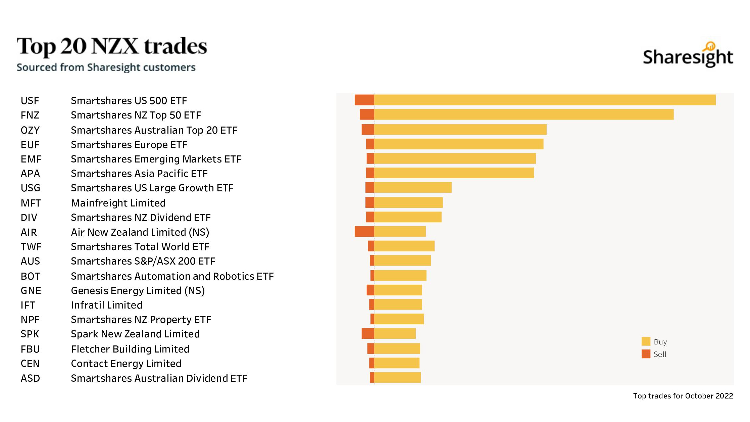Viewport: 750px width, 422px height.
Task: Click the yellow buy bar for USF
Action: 545,100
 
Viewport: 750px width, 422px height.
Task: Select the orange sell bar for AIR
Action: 364,232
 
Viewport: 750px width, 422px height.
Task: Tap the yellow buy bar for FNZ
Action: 523,114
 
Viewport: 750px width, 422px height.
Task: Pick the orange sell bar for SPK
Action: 368,333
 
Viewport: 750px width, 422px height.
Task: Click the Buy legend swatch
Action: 646,341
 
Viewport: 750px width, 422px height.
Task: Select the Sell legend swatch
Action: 646,354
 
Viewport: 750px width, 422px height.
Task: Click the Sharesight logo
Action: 688,55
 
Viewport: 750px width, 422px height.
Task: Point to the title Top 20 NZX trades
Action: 112,46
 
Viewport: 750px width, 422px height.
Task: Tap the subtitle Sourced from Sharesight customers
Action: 106,67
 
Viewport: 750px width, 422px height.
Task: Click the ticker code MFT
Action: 31,203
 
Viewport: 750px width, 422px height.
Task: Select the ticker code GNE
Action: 31,291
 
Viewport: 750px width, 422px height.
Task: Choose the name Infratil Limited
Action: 107,305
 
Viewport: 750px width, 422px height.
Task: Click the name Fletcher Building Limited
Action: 130,349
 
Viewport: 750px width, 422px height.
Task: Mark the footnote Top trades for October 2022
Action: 683,396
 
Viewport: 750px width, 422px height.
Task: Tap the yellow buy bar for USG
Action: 413,187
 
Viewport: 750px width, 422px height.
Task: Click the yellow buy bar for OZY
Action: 460,130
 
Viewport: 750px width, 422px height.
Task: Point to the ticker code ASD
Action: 30,378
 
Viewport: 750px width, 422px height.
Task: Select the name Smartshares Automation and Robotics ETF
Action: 172,276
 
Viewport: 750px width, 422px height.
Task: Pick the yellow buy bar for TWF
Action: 404,246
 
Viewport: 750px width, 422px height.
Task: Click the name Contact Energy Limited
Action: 126,364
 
